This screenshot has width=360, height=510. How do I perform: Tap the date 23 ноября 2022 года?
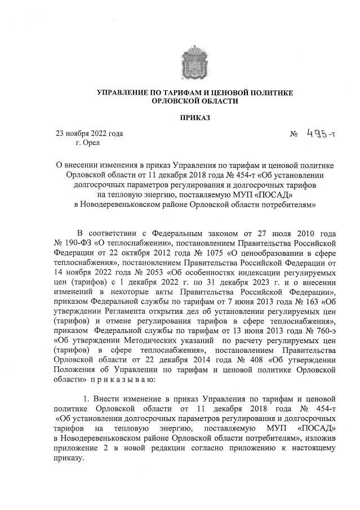[88, 134]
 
